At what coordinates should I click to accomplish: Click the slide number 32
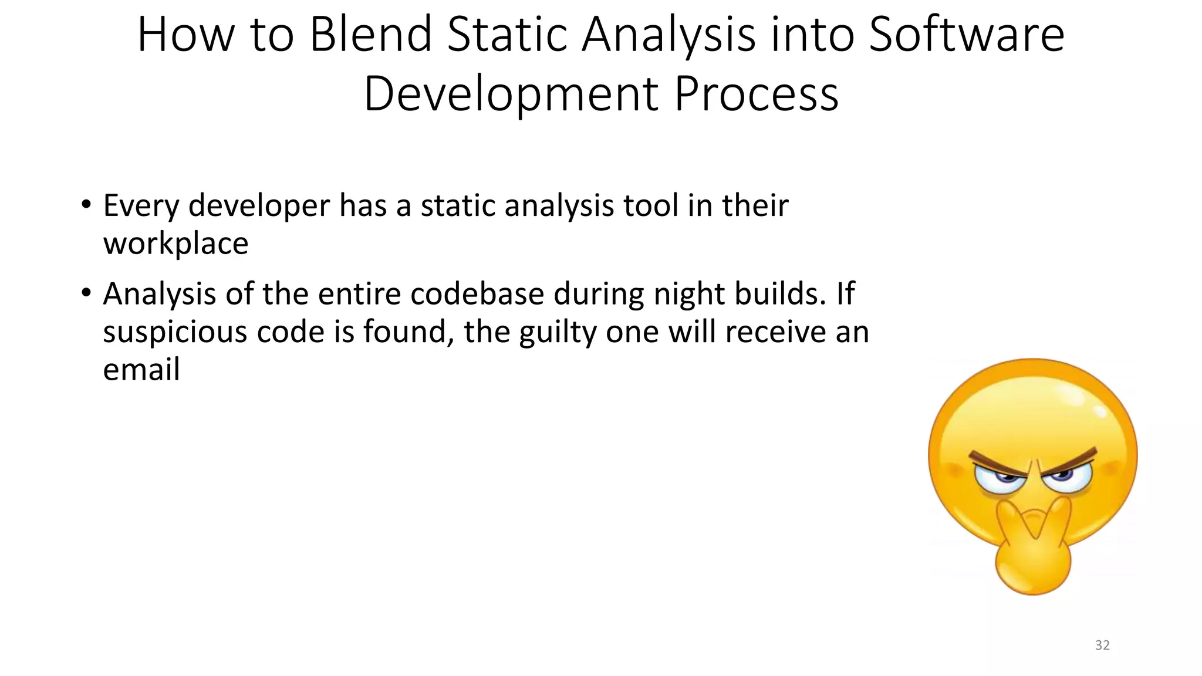coord(1102,645)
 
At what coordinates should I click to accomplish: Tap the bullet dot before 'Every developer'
coord(86,205)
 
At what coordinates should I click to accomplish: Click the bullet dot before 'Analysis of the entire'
coord(86,292)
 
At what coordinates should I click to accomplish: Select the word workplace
coord(175,244)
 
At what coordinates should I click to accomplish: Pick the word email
coord(141,370)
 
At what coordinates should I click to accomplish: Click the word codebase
coord(477,293)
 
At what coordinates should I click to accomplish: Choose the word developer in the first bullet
coord(259,206)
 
